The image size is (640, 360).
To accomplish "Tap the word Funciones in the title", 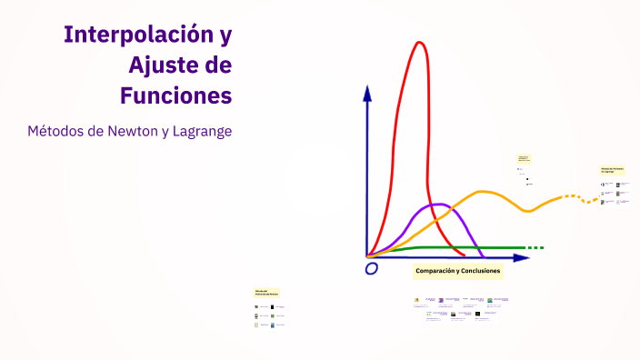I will coord(175,95).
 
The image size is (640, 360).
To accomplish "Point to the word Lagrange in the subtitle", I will coord(203,132).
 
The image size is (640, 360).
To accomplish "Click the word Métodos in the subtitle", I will coord(56,131).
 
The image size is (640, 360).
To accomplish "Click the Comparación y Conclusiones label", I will coord(457,271).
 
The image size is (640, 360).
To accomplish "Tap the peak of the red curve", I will coord(419,43).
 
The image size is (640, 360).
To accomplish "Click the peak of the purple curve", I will coord(435,205).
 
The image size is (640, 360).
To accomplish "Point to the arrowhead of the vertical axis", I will coord(367,93).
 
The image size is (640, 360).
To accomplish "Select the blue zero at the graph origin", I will coord(371,269).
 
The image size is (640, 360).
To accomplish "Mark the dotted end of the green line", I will coord(536,247).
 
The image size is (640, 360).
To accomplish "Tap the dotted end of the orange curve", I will coord(572,196).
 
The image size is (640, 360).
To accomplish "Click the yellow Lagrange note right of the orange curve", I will coord(612,170).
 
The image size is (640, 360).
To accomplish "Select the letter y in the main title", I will coord(225,37).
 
